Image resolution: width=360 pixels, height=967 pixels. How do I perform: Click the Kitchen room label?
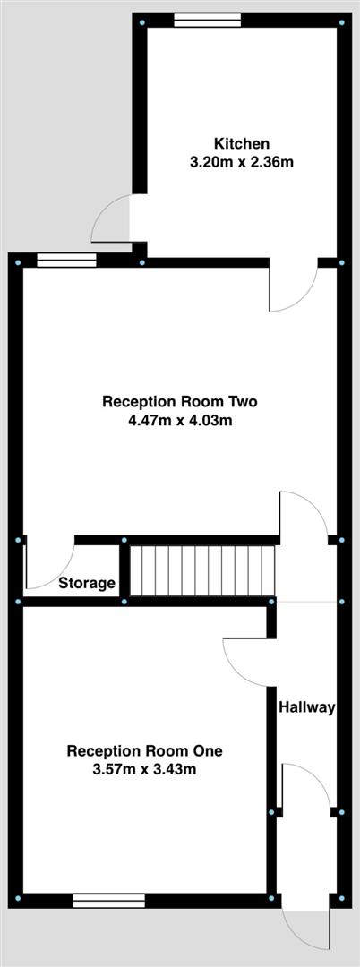point(242,143)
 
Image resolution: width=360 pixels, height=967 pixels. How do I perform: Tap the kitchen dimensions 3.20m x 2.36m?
point(242,162)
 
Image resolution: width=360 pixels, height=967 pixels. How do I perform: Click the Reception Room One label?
point(144,749)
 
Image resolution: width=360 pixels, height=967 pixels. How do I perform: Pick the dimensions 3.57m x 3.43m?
point(144,769)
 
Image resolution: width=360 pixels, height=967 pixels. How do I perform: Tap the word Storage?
point(87,584)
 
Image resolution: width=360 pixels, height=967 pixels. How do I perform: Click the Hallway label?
point(306,707)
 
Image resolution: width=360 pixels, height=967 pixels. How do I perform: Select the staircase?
point(202,570)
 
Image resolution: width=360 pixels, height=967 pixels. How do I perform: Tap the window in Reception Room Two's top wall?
point(66,261)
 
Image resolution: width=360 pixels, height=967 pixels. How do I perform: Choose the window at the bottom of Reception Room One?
point(108,900)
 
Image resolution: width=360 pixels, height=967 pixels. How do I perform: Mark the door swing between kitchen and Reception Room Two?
point(292,288)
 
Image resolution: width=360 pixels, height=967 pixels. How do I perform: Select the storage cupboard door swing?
point(48,564)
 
